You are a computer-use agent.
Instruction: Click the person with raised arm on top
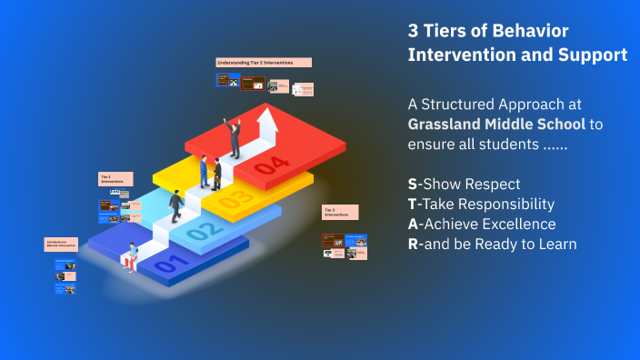click(234, 137)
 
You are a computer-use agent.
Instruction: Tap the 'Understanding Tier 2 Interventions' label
click(264, 63)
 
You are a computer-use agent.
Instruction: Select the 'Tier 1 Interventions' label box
click(115, 180)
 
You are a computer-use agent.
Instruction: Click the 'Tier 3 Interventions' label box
click(340, 213)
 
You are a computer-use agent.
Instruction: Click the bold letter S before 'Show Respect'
click(413, 184)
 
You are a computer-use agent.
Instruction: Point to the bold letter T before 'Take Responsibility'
click(413, 204)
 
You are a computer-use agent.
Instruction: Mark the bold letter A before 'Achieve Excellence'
click(414, 224)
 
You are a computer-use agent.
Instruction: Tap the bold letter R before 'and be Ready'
click(414, 244)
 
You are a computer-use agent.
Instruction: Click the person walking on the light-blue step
click(175, 207)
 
